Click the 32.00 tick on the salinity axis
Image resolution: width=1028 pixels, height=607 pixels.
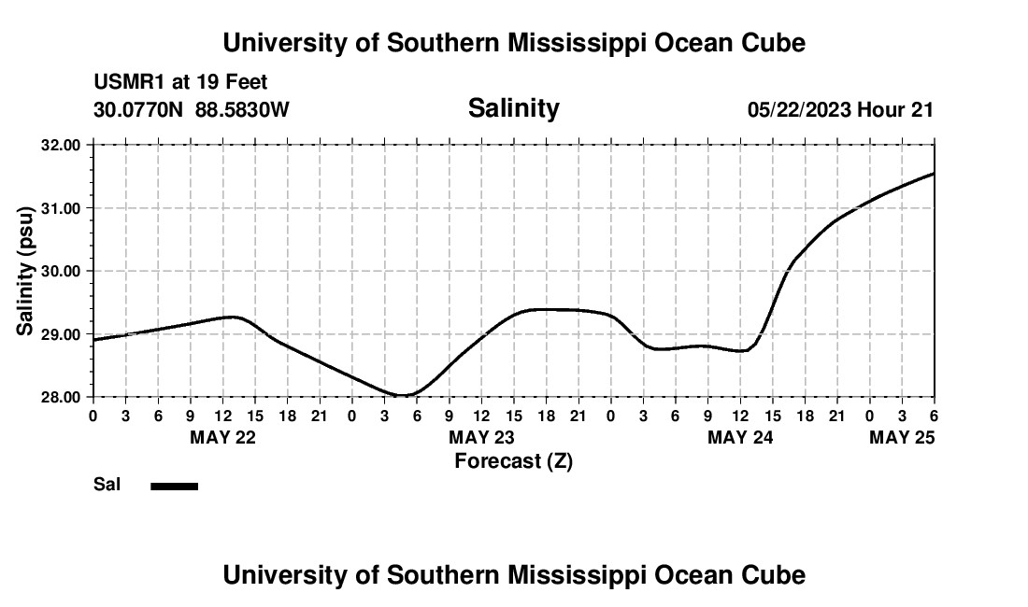click(63, 145)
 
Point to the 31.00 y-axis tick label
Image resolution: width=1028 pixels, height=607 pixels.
click(63, 207)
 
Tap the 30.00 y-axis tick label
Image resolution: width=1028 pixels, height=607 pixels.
click(63, 271)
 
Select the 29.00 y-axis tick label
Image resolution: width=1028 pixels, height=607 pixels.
click(63, 333)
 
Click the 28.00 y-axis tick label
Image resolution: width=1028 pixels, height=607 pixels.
click(63, 397)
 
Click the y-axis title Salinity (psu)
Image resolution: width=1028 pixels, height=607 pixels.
click(26, 271)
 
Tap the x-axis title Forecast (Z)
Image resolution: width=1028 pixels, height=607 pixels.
click(513, 460)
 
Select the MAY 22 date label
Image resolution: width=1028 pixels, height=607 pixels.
click(222, 438)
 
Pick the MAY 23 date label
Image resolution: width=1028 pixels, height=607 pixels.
click(481, 438)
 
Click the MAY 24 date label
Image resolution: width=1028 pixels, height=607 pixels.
click(740, 438)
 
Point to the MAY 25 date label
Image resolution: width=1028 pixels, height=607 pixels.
click(902, 438)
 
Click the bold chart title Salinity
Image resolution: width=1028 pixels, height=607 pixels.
click(513, 108)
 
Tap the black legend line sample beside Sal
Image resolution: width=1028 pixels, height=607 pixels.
click(175, 486)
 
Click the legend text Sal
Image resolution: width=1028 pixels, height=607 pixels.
click(107, 486)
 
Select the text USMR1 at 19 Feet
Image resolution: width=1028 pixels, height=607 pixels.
click(180, 83)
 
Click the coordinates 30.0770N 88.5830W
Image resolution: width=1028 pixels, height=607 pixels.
click(192, 109)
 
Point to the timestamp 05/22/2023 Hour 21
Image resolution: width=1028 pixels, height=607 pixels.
click(840, 109)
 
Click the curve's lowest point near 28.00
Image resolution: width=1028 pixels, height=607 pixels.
click(402, 395)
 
